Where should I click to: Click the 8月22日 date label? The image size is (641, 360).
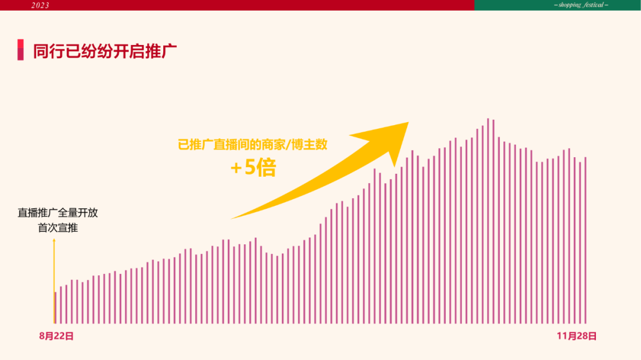(56, 336)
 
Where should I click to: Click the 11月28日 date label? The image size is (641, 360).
(576, 336)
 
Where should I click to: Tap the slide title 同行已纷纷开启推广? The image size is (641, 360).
(104, 52)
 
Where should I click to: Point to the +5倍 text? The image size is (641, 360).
(253, 167)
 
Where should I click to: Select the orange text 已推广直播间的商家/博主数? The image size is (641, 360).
(253, 145)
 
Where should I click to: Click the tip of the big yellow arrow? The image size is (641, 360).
(408, 122)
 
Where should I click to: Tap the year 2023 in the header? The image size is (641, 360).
(40, 5)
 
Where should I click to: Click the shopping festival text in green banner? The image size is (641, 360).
(581, 5)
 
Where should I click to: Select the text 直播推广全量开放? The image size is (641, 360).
(58, 212)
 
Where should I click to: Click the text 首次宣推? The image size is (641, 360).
(58, 228)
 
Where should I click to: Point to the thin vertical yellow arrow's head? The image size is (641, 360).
(54, 240)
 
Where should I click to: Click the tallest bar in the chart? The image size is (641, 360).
(488, 221)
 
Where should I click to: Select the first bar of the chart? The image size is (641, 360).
(56, 308)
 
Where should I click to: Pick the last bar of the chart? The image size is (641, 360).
(585, 240)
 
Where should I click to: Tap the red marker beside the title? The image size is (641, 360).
(20, 50)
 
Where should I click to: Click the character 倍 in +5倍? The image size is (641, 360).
(266, 167)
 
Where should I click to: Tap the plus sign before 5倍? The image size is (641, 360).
(236, 168)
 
